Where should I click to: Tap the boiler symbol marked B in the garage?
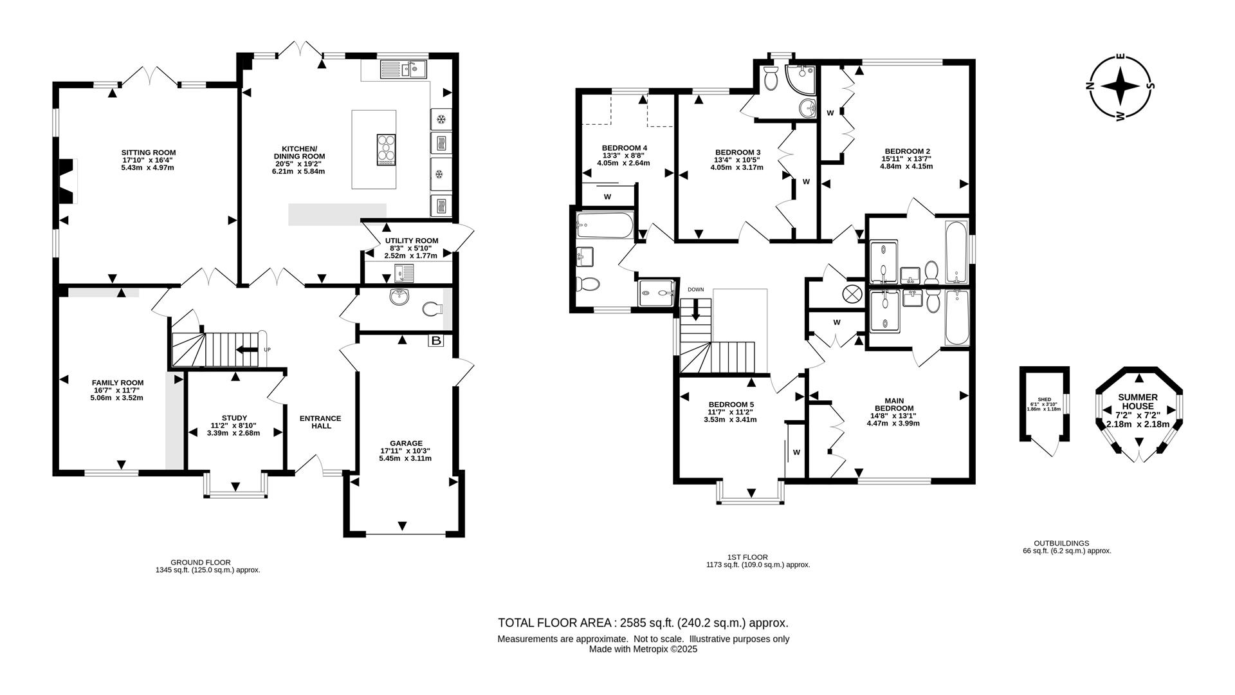[x=435, y=340]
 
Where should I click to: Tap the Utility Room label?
[x=411, y=241]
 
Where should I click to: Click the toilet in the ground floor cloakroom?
[x=433, y=310]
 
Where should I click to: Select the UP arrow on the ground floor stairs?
[x=245, y=349]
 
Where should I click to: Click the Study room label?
[x=234, y=418]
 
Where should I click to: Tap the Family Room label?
[x=117, y=383]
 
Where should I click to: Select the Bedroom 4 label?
[x=624, y=148]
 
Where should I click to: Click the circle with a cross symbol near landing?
[x=852, y=294]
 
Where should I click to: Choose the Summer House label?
[x=1137, y=402]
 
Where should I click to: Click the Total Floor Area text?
[x=643, y=623]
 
